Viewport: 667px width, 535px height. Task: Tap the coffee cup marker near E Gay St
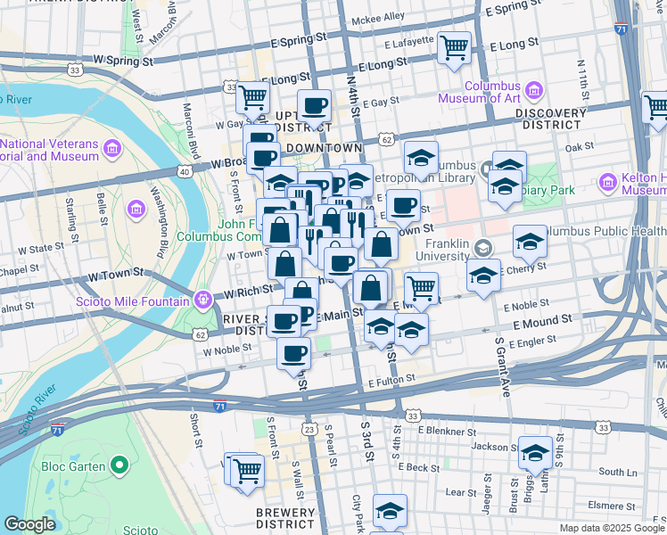click(x=314, y=107)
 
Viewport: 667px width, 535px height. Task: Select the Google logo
click(x=30, y=524)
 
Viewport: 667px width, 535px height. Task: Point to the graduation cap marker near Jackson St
click(x=535, y=452)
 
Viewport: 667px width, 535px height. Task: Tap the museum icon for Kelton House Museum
click(x=610, y=183)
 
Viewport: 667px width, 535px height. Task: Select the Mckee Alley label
click(x=379, y=17)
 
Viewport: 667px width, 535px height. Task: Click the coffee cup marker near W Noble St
click(x=292, y=354)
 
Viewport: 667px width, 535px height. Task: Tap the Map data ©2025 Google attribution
click(x=613, y=528)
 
